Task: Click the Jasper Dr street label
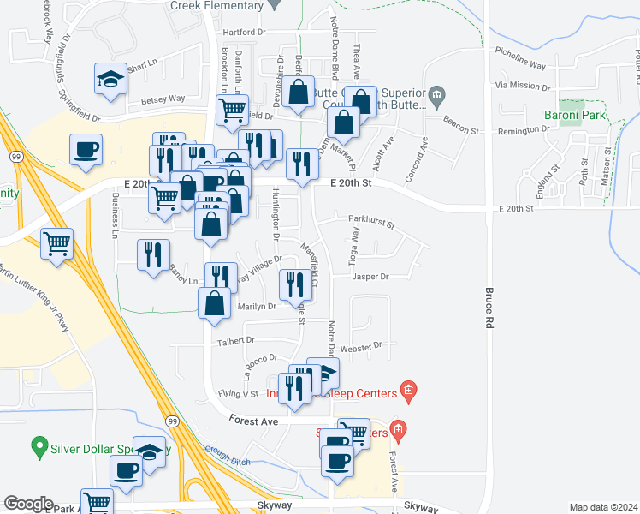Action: click(370, 277)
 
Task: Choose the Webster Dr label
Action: click(359, 346)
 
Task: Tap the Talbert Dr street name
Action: click(238, 340)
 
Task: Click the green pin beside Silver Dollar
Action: click(38, 446)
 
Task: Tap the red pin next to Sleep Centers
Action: click(409, 392)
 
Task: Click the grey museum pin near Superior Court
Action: click(437, 94)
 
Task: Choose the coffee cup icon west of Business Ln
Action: click(86, 150)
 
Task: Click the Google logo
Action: click(28, 504)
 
